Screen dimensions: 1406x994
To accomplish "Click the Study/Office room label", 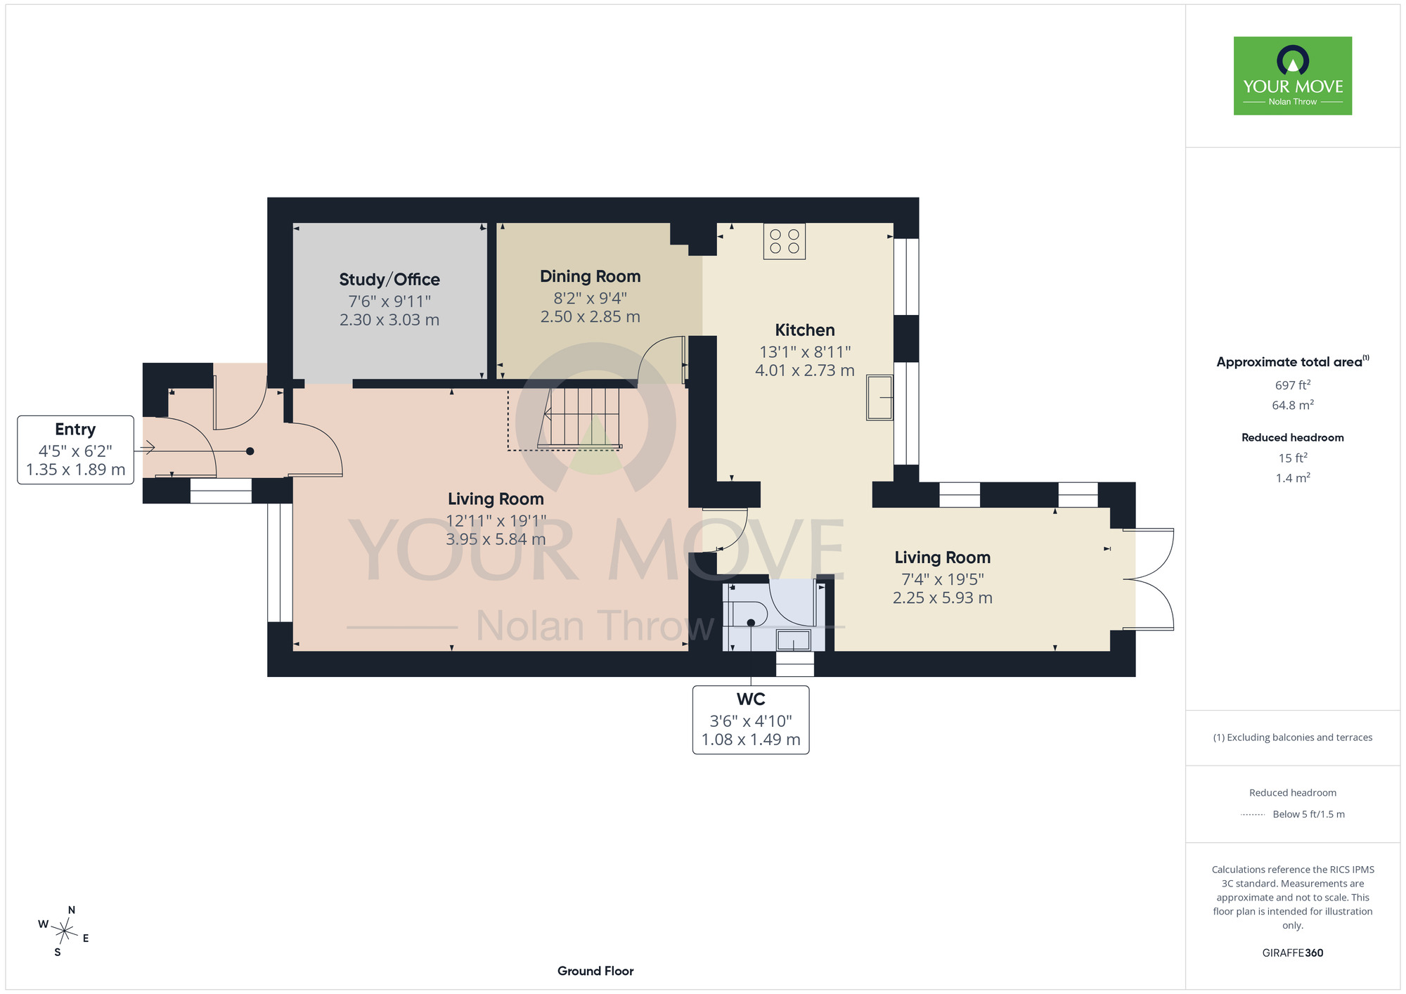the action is pyautogui.click(x=389, y=280).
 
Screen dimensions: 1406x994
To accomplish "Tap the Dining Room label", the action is pyautogui.click(x=590, y=277).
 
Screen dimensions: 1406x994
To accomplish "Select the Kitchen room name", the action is pyautogui.click(x=805, y=330).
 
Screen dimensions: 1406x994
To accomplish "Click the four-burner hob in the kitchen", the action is pyautogui.click(x=785, y=241).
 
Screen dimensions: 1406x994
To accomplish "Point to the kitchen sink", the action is pyautogui.click(x=879, y=398).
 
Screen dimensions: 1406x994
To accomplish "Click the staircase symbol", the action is pyautogui.click(x=579, y=418).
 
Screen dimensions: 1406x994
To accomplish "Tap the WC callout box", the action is pyautogui.click(x=751, y=720).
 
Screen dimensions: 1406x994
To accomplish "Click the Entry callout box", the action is pyautogui.click(x=75, y=450).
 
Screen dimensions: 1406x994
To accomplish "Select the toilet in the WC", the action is pyautogui.click(x=745, y=614).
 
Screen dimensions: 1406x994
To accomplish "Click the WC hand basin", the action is pyautogui.click(x=793, y=640).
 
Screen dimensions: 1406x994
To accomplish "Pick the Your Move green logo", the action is pyautogui.click(x=1293, y=76).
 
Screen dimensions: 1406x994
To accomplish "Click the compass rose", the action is pyautogui.click(x=64, y=931).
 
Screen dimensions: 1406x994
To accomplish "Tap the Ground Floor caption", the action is pyautogui.click(x=595, y=971).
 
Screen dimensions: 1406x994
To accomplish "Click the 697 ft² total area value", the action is pyautogui.click(x=1293, y=385).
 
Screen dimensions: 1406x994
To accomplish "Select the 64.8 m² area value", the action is pyautogui.click(x=1293, y=405).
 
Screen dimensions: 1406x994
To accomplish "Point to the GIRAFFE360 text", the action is pyautogui.click(x=1293, y=953).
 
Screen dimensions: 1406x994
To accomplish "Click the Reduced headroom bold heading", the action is pyautogui.click(x=1293, y=437).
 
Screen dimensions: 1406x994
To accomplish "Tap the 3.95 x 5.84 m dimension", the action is pyautogui.click(x=496, y=539).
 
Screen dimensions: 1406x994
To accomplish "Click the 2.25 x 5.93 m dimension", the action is pyautogui.click(x=943, y=598).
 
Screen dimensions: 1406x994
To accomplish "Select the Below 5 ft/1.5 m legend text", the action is pyautogui.click(x=1308, y=814).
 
